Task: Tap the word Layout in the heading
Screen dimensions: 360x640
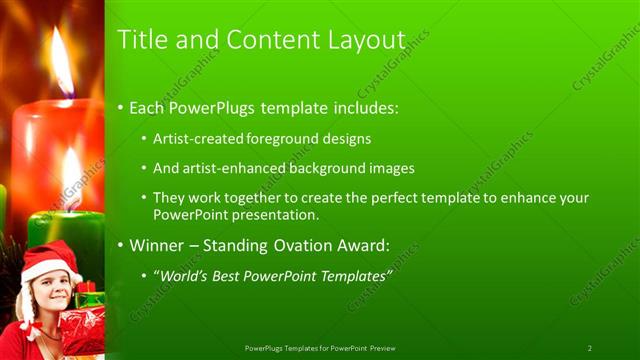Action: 366,40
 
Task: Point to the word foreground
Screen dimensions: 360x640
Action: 269,138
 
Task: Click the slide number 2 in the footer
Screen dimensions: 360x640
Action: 589,348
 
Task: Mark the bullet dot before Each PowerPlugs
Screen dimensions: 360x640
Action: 122,105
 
